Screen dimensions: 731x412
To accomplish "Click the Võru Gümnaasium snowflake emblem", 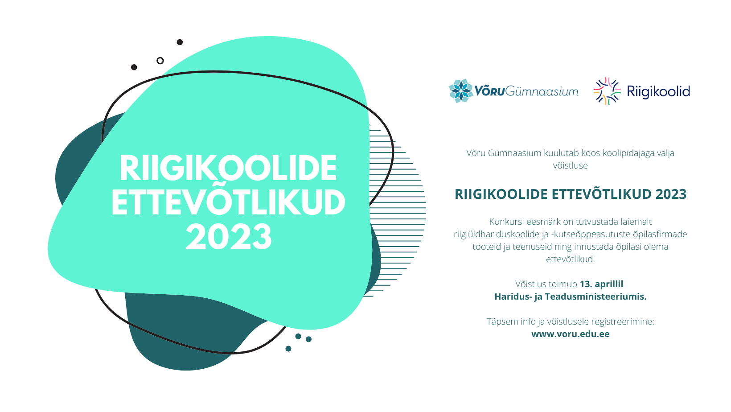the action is click(x=461, y=91).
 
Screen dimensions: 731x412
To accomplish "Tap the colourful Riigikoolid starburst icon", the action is click(x=607, y=91).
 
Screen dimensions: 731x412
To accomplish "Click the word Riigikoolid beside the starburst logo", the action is click(x=658, y=91).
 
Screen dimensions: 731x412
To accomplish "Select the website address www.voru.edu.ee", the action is click(x=571, y=334).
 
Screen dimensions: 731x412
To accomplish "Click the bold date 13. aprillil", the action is click(x=601, y=284).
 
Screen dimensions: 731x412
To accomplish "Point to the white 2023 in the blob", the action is click(x=229, y=237).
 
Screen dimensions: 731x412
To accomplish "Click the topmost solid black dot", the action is click(x=180, y=42).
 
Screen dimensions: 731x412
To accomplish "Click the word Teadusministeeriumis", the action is click(x=595, y=297).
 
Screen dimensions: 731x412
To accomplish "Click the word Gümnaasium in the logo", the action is click(x=542, y=91).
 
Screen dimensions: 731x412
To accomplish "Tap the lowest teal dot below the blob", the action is click(x=288, y=349).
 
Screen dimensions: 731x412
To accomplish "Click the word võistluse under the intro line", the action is click(x=571, y=165).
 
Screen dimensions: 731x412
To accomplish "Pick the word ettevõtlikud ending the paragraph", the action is click(x=571, y=259).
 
